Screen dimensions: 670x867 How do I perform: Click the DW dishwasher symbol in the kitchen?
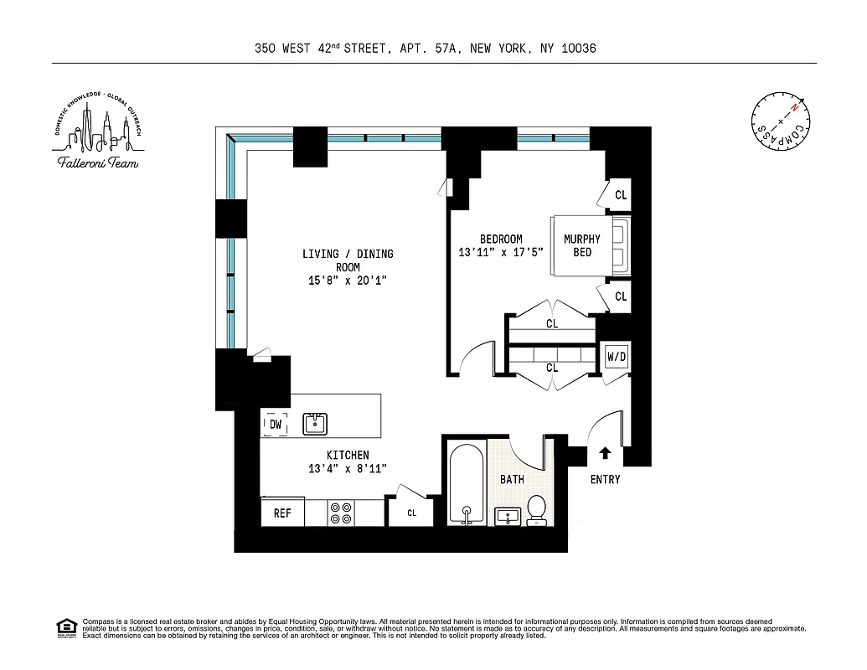[276, 425]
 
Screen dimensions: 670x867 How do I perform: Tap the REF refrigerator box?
[282, 513]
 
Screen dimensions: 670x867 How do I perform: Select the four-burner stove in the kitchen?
[340, 513]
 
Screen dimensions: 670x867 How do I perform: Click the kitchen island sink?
[315, 424]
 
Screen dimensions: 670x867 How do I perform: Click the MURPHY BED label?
[581, 245]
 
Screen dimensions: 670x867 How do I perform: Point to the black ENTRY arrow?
[606, 454]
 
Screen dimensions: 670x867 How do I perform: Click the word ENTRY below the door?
[606, 479]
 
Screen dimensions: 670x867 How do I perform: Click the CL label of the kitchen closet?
[411, 513]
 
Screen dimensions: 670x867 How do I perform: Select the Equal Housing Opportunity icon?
[64, 626]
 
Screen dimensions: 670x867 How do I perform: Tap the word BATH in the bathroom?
[512, 479]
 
